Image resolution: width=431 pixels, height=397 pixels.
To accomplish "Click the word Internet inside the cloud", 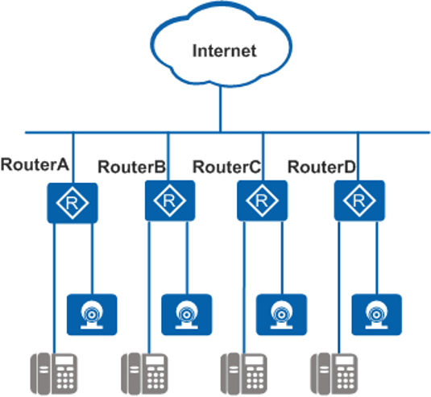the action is click(224, 51).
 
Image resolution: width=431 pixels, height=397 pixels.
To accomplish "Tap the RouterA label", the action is click(35, 164).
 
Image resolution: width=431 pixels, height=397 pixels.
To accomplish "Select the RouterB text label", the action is click(131, 167).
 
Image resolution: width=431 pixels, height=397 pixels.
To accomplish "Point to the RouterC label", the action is click(226, 167).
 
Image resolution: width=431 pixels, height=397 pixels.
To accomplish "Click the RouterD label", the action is click(321, 167).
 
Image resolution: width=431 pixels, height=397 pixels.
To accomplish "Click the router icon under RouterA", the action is click(73, 203).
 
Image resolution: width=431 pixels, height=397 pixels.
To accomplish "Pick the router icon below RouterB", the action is click(170, 201).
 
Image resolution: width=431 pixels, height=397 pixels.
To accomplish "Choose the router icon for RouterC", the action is click(263, 201).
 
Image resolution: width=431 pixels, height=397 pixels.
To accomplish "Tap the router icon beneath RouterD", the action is click(359, 201).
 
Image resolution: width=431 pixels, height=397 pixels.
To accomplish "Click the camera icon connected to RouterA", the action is click(92, 315).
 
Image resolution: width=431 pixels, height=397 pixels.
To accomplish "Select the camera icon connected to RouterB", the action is click(186, 315).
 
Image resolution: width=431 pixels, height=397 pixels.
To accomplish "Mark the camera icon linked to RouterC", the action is click(281, 315).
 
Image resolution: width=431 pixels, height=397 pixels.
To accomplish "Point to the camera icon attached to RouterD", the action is click(376, 315).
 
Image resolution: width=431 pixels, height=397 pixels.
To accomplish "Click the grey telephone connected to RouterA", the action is click(54, 374).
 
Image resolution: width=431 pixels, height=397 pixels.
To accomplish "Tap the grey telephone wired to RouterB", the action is click(144, 374).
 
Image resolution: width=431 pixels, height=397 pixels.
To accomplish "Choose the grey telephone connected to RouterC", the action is click(244, 374).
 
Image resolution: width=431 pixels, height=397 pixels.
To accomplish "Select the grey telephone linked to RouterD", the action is click(334, 374).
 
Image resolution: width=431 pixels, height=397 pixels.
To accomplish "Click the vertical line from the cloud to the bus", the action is click(220, 109).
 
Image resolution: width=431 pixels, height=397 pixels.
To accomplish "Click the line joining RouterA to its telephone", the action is click(54, 288).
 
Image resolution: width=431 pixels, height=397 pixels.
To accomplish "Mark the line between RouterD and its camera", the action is click(376, 258).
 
